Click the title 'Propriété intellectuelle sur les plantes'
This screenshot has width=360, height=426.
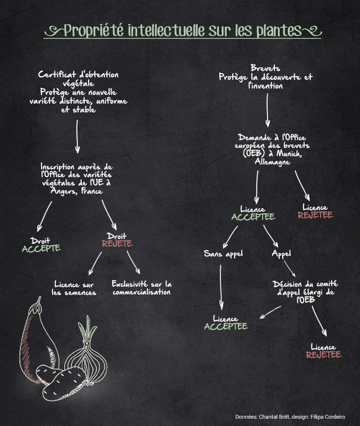point(182,31)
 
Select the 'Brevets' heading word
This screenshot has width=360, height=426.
point(265,68)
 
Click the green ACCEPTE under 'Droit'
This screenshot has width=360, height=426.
point(41,248)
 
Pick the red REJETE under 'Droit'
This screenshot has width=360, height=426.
point(117,243)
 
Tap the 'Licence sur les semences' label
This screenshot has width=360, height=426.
point(74,288)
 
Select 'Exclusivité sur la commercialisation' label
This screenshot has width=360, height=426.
point(142,288)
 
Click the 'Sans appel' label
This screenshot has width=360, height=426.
point(223,254)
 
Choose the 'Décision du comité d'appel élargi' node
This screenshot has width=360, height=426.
point(306,292)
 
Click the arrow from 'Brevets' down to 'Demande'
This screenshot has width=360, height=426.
point(267,110)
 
